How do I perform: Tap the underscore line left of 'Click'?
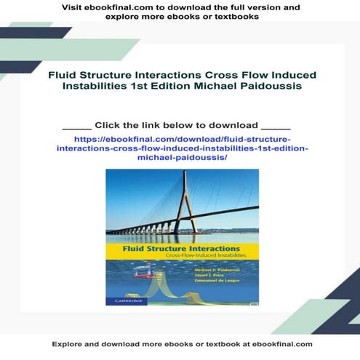pos(76,125)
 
